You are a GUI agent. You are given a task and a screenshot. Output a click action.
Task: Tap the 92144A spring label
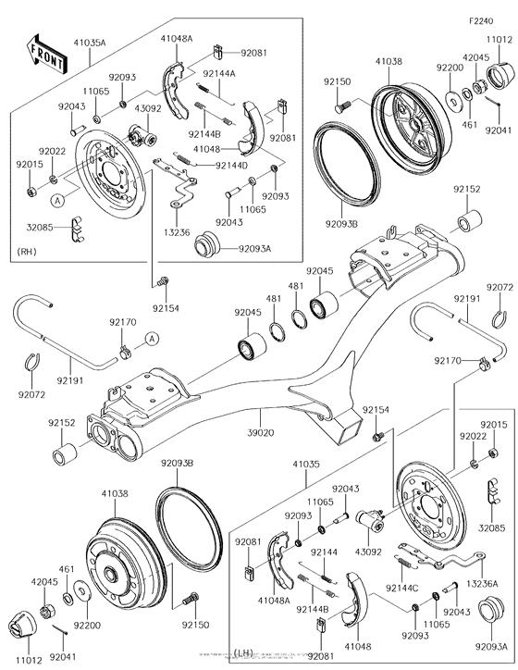coord(219,73)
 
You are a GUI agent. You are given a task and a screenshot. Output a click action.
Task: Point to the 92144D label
coord(231,165)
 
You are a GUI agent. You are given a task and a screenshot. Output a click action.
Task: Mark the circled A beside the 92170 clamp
coord(152,336)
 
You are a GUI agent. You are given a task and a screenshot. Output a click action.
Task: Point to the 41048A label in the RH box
coord(176,39)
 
